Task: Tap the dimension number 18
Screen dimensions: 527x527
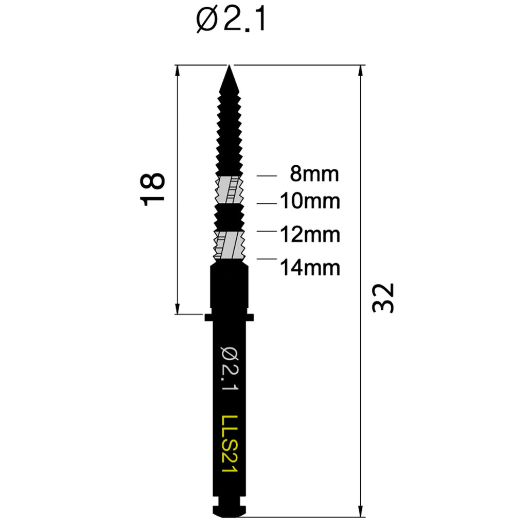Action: coord(152,189)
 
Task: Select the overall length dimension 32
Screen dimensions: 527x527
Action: coord(383,298)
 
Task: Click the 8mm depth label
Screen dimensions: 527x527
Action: coord(314,174)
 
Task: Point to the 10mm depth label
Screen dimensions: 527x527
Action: coord(310,201)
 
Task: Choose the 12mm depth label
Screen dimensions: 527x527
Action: coord(310,235)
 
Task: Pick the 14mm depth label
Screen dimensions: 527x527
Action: coord(310,268)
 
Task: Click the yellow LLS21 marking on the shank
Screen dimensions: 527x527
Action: coord(230,444)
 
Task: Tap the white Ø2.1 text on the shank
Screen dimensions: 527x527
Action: coord(230,368)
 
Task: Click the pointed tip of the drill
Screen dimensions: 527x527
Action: coord(229,66)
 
